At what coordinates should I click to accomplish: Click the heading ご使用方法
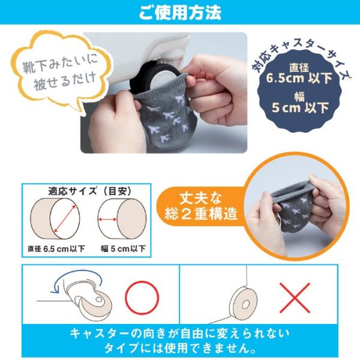click(x=180, y=13)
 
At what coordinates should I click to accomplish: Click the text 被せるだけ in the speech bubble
click(x=65, y=81)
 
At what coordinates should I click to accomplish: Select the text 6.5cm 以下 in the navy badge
click(x=299, y=78)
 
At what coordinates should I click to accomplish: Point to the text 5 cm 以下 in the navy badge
click(x=301, y=107)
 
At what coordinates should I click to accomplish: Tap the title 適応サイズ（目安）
click(x=90, y=191)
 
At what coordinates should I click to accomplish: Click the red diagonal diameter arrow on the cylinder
click(x=64, y=218)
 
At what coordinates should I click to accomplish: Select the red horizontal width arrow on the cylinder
click(x=107, y=220)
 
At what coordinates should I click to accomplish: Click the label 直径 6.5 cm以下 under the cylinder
click(x=56, y=249)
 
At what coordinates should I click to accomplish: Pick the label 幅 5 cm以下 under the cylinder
click(x=123, y=248)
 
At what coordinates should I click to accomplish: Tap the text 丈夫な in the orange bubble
click(x=200, y=199)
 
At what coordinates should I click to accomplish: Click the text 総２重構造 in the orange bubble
click(x=201, y=214)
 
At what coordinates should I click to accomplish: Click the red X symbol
click(x=295, y=298)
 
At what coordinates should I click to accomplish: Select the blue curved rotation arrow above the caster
click(x=76, y=276)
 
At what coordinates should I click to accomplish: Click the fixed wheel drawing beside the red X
click(x=244, y=303)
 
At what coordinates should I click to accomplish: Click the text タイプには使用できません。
click(x=180, y=349)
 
